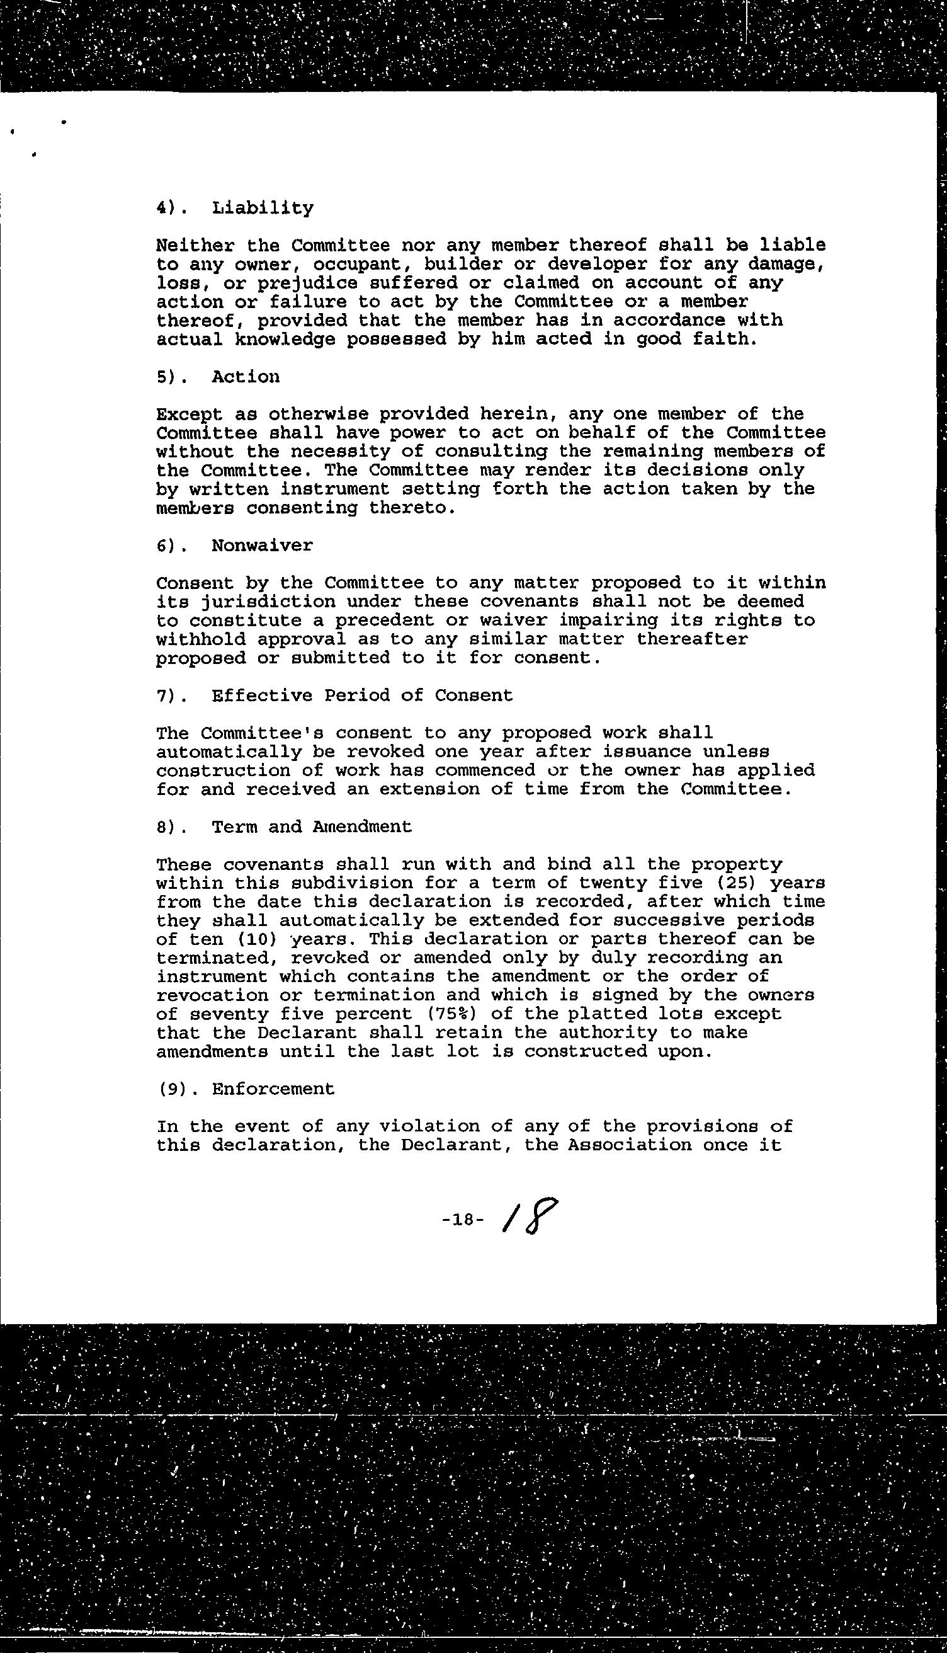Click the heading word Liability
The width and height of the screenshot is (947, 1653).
point(262,208)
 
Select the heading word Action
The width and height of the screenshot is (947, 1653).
point(246,377)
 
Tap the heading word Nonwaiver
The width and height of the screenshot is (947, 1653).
point(262,545)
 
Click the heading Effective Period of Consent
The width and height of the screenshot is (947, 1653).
point(362,695)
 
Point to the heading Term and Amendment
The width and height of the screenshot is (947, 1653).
point(312,827)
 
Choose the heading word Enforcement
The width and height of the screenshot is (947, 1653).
point(273,1089)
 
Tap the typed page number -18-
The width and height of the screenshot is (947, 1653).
point(462,1220)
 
